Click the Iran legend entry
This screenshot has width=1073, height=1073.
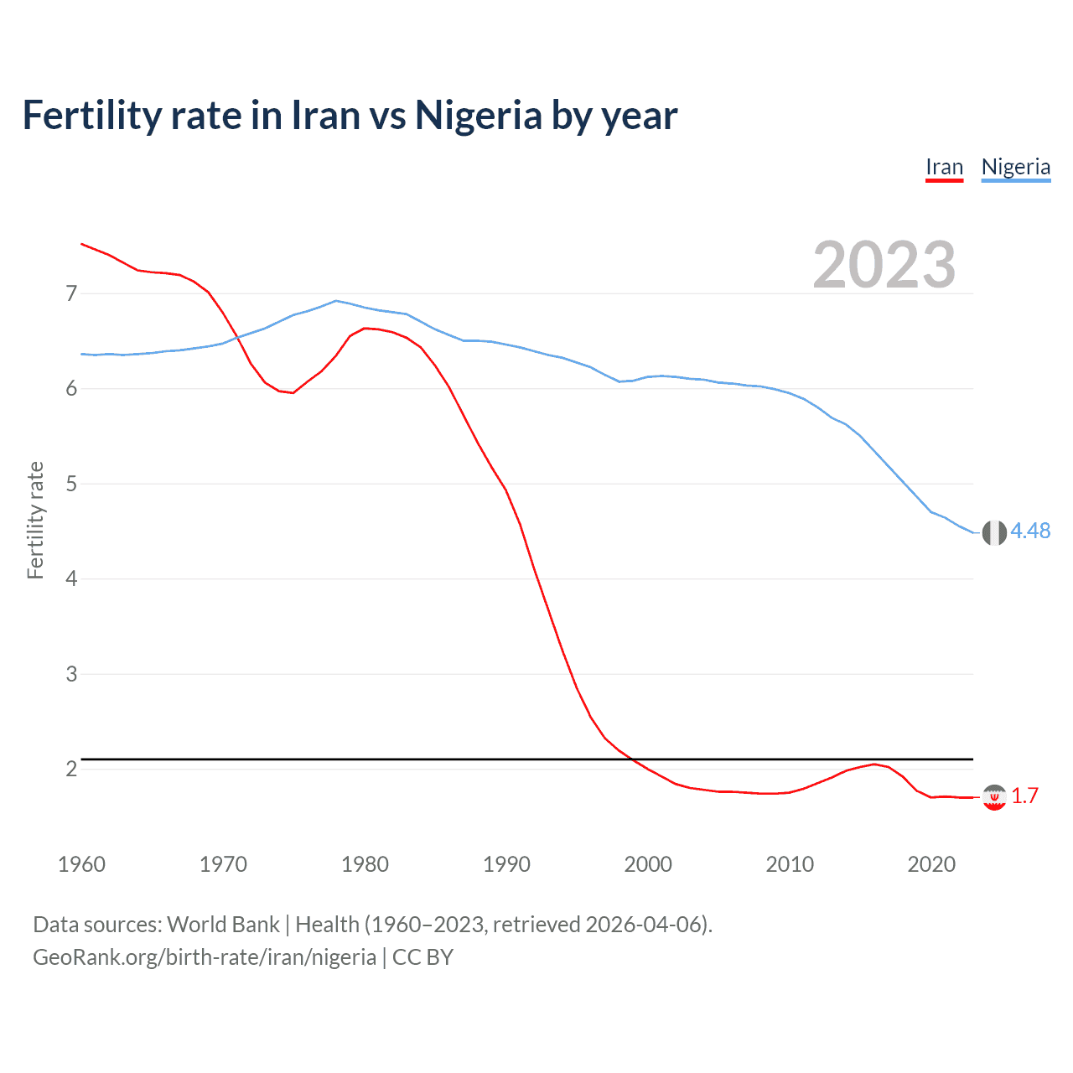[944, 167]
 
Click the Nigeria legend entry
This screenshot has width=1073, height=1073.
[1015, 167]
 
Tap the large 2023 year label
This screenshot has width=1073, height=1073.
[884, 265]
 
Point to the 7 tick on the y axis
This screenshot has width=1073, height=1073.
[71, 293]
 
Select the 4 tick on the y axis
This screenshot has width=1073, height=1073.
[71, 578]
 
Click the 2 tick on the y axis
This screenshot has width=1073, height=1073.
[71, 769]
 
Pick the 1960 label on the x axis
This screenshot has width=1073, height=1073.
[81, 864]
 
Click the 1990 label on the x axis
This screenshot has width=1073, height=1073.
[506, 864]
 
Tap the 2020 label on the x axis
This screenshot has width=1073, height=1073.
[931, 864]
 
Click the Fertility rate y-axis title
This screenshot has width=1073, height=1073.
[35, 520]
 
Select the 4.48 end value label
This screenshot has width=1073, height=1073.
[1030, 531]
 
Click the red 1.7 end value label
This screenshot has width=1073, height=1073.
[1024, 796]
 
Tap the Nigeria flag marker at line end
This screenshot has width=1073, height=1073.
[994, 532]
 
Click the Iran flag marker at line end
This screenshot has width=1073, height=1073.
[994, 797]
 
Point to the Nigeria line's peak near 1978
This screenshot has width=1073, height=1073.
[336, 300]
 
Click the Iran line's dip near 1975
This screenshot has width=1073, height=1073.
[293, 392]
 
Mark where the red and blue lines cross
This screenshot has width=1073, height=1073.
[238, 338]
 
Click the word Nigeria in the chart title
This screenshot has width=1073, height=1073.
[479, 115]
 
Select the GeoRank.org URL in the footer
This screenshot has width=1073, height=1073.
[205, 957]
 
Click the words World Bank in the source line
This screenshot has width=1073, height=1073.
[223, 925]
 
